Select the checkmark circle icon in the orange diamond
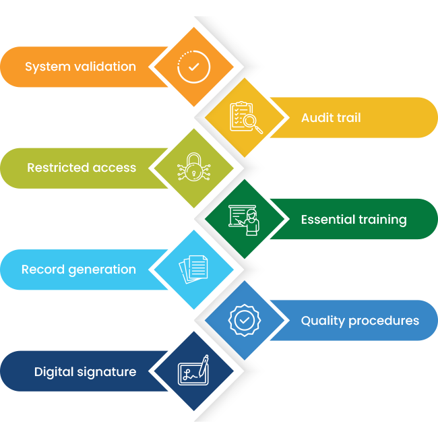[193, 67]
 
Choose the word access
[115, 168]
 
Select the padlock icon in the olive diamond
[193, 166]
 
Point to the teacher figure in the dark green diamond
[252, 222]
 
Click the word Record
[43, 270]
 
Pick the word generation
[102, 270]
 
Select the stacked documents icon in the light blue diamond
[193, 270]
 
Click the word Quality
[323, 321]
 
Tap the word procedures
[384, 321]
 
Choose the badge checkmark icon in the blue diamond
[245, 320]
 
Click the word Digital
[54, 372]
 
